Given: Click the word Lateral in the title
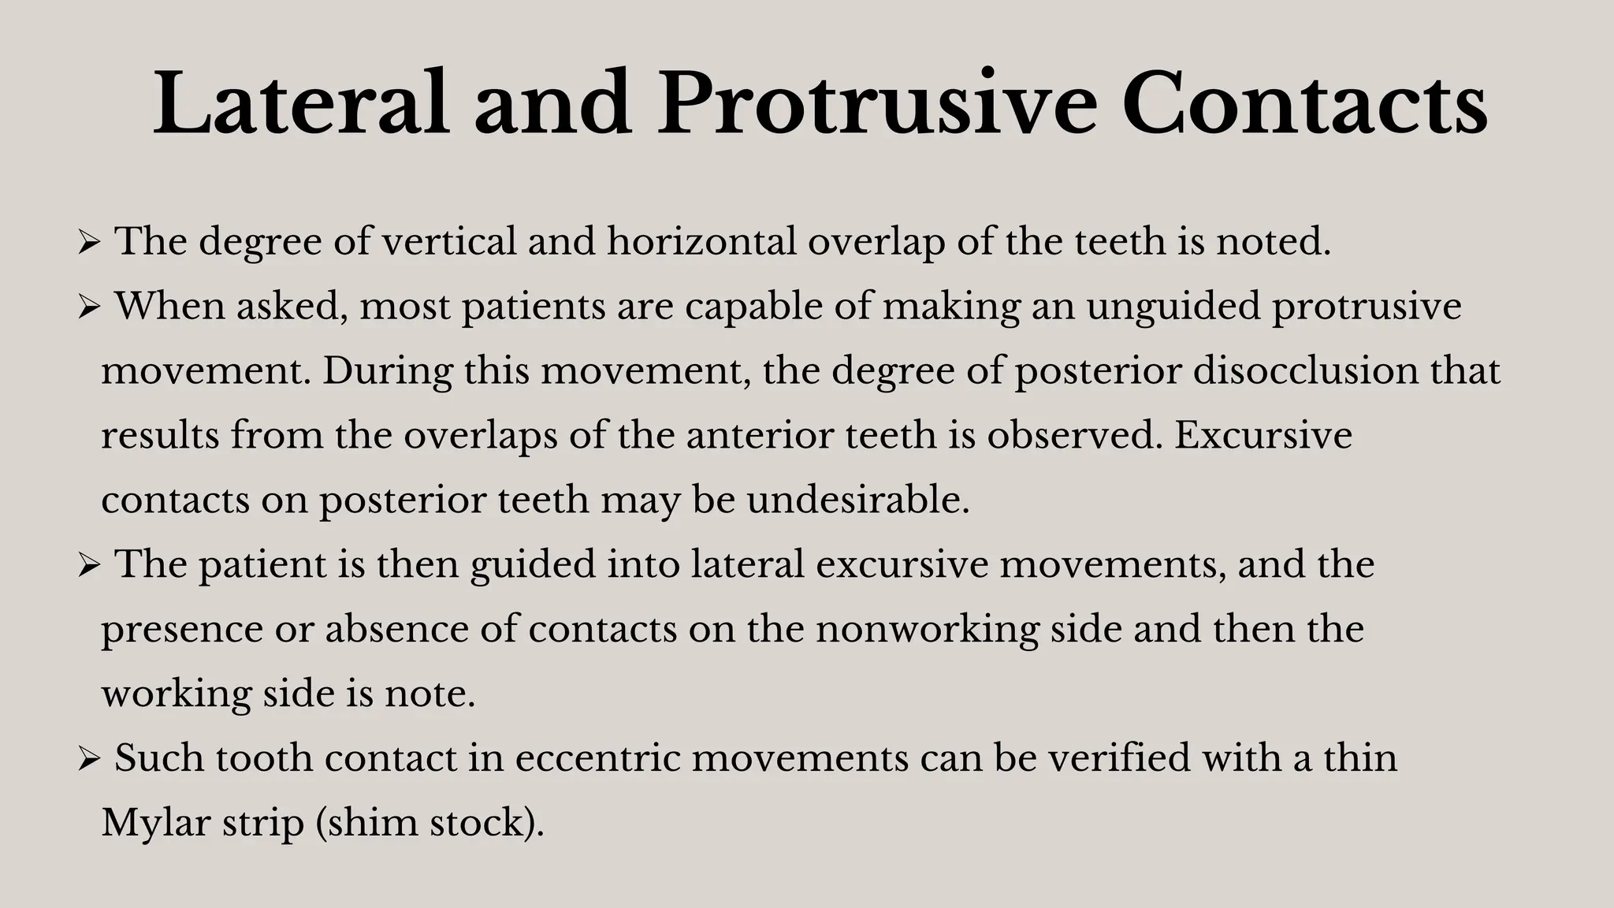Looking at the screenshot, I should (x=301, y=104).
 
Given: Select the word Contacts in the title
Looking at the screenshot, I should (x=1305, y=104).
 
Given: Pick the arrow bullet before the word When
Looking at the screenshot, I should (x=88, y=307).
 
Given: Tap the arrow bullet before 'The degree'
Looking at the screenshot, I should (x=88, y=243).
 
